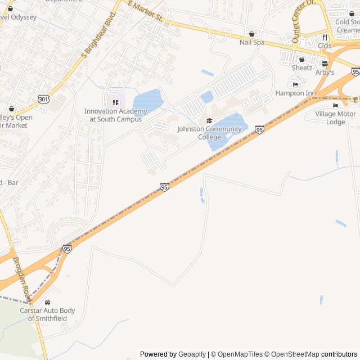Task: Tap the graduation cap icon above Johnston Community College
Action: [209, 121]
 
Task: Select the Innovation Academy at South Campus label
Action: [115, 115]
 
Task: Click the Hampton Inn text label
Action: [295, 93]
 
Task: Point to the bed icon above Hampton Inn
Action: [295, 84]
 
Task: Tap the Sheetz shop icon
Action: [302, 59]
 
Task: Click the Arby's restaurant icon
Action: [325, 64]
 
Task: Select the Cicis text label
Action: [325, 45]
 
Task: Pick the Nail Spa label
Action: [251, 42]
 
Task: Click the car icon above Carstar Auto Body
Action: [47, 302]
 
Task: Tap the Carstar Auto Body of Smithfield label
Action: [47, 314]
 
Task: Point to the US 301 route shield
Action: [43, 99]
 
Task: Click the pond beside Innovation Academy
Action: [147, 101]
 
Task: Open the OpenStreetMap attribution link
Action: [291, 354]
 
